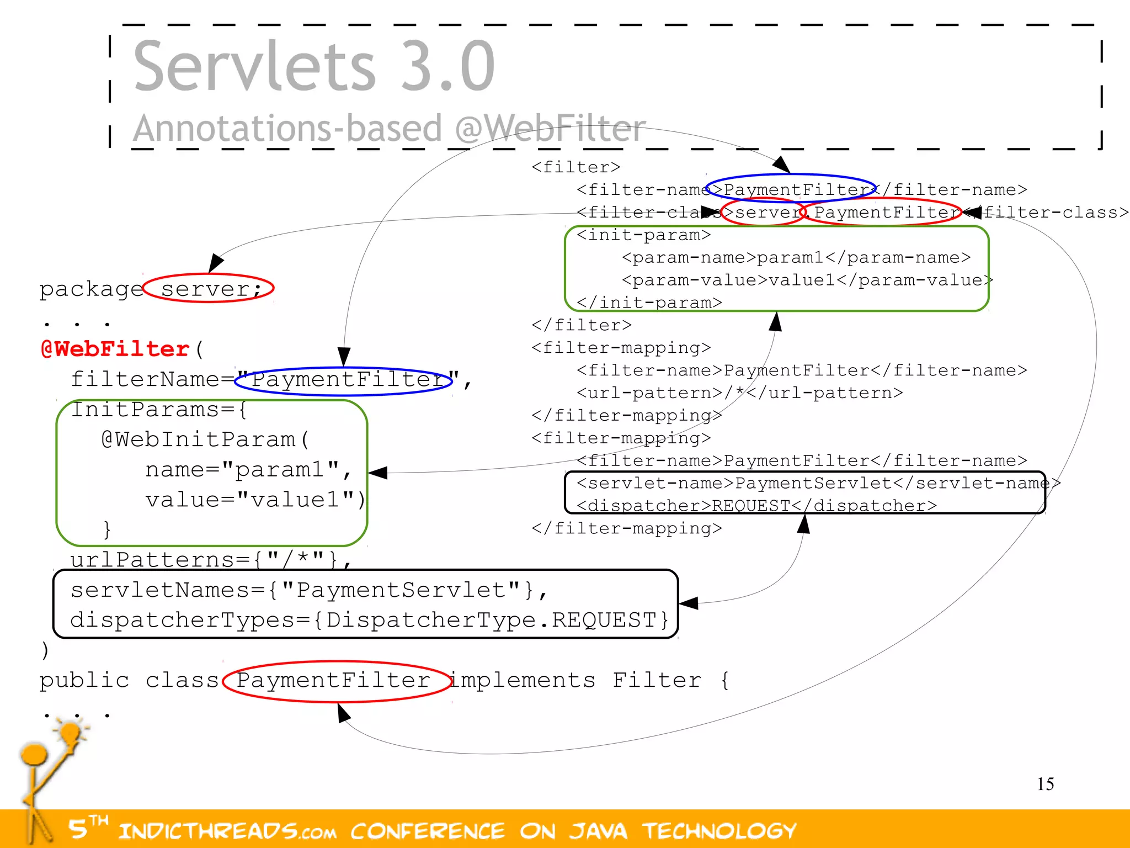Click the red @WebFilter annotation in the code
[115, 349]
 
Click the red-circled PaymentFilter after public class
[334, 680]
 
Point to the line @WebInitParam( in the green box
[205, 439]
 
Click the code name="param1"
[248, 470]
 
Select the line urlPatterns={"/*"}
[210, 559]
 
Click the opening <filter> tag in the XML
[575, 167]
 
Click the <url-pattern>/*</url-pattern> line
[739, 393]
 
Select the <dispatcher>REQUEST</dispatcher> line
[756, 506]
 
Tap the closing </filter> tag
[581, 325]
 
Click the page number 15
[1045, 784]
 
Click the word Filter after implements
[657, 680]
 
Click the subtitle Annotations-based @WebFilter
[389, 128]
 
